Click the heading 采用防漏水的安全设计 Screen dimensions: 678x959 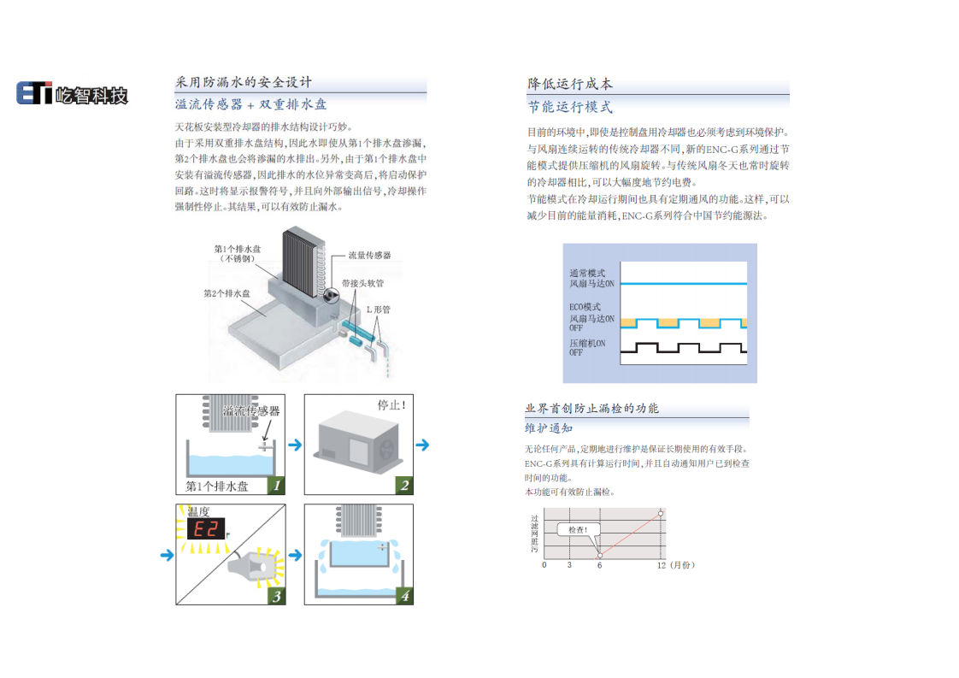[244, 83]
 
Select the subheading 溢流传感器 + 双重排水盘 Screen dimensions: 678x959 [251, 104]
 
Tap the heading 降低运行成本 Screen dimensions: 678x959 [570, 84]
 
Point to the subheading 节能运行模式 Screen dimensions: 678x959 [570, 108]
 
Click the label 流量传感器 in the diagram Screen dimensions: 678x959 [369, 255]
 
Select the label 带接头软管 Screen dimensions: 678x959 [362, 282]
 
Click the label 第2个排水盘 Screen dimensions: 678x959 [227, 293]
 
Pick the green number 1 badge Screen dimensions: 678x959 [275, 486]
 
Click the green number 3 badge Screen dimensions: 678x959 [275, 596]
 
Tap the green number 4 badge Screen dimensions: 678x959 [404, 596]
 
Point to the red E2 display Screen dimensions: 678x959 [206, 529]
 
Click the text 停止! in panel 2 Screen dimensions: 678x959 [391, 404]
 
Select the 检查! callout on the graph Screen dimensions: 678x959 [578, 530]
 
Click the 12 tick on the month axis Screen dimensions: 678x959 [661, 566]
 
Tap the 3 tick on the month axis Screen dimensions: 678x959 [569, 566]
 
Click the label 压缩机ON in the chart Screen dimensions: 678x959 [587, 343]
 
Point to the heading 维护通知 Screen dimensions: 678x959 [549, 428]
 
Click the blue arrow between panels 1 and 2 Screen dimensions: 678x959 [294, 445]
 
